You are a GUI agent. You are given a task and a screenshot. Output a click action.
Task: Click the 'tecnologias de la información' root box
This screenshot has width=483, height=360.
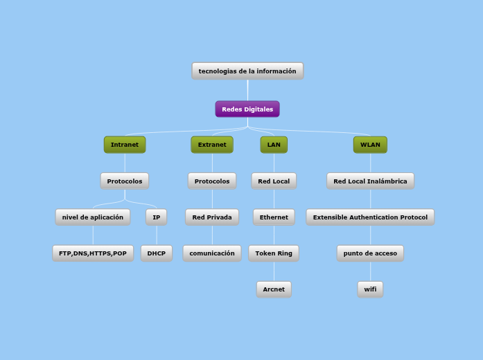(x=247, y=71)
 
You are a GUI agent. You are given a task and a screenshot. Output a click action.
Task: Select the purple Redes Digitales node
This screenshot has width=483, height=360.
(x=247, y=109)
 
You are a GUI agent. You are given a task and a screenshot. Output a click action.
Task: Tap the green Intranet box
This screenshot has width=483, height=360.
(x=125, y=145)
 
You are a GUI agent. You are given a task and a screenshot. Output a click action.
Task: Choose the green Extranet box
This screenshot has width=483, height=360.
(x=212, y=145)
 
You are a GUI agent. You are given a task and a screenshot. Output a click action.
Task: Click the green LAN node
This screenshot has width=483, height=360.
(x=274, y=145)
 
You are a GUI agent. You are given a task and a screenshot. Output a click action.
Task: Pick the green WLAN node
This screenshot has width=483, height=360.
(x=370, y=145)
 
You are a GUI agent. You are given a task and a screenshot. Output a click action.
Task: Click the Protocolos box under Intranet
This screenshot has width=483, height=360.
(x=125, y=181)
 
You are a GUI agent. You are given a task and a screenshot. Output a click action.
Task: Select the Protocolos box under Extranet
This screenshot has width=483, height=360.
(x=212, y=181)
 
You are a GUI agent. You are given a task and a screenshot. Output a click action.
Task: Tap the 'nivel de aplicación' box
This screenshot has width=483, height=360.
(x=93, y=217)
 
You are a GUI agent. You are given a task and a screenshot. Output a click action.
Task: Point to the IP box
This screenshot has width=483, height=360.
(x=157, y=217)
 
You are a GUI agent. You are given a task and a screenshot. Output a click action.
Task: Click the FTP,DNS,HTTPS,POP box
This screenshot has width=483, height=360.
(x=93, y=253)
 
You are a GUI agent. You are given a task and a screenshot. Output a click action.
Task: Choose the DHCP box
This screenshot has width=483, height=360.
(x=157, y=253)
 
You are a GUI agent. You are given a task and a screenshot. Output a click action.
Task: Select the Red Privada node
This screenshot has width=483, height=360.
(x=212, y=217)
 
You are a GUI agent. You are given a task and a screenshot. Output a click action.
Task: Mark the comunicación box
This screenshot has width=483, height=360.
(x=212, y=253)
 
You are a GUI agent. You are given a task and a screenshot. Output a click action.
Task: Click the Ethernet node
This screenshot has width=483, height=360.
(x=274, y=217)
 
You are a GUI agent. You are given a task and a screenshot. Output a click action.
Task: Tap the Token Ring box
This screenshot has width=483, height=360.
(x=274, y=253)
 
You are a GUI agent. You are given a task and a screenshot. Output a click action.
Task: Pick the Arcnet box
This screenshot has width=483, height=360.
(x=274, y=289)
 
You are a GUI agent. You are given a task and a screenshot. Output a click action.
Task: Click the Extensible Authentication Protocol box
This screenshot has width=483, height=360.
(x=370, y=217)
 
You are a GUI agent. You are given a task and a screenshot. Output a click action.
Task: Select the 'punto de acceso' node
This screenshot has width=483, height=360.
(x=370, y=253)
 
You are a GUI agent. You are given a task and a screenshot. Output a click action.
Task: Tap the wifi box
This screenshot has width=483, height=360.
(x=370, y=289)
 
